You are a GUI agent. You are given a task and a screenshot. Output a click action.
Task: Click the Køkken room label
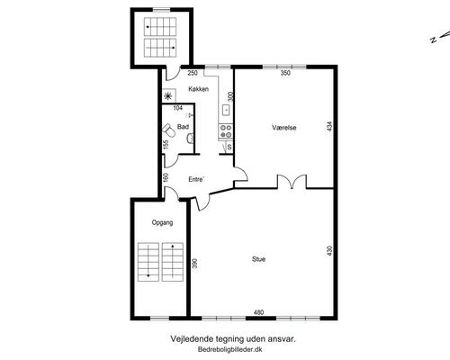click(198, 89)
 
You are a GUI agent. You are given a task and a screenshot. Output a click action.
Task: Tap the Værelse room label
click(284, 128)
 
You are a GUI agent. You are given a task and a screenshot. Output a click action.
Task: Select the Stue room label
click(258, 259)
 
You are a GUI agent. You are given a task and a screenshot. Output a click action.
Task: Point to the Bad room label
click(183, 127)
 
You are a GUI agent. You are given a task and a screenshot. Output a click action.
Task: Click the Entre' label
click(196, 179)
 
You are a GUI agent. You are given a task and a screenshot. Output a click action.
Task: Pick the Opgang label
click(162, 222)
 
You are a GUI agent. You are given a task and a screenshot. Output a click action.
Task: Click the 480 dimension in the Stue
click(258, 312)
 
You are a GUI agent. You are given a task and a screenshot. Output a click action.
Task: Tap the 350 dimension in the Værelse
click(285, 73)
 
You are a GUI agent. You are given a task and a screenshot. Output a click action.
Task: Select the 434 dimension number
click(329, 126)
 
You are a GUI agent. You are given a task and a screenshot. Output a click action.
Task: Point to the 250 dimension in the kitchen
click(193, 73)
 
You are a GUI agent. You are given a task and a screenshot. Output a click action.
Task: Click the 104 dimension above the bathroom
click(178, 108)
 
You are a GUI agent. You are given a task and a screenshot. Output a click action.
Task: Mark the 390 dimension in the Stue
click(194, 264)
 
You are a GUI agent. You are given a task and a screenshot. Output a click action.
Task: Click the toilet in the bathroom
click(169, 130)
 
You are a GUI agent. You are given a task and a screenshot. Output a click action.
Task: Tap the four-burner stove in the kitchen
click(226, 131)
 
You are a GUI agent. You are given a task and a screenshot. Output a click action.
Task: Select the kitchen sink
click(226, 110)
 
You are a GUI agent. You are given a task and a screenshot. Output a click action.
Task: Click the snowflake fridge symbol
click(168, 96)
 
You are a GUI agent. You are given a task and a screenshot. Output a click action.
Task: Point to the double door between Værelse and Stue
click(292, 182)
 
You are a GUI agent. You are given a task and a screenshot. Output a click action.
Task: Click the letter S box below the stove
click(229, 147)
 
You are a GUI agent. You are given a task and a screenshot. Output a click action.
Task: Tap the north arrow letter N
click(433, 40)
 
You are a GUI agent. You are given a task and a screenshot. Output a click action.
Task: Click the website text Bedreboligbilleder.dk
click(230, 349)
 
